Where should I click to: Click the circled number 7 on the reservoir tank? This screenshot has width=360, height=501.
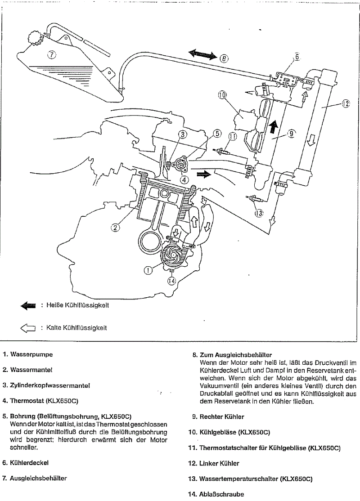click(52, 55)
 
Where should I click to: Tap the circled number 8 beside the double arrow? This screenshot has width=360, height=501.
click(224, 58)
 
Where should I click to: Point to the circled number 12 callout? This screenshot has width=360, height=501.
click(345, 104)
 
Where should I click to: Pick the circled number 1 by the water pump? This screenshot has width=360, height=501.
click(147, 270)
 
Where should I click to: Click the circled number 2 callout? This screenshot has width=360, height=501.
click(116, 228)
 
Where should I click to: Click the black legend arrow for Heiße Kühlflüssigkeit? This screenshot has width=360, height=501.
click(28, 306)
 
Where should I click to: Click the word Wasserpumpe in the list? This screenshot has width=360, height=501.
click(31, 354)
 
